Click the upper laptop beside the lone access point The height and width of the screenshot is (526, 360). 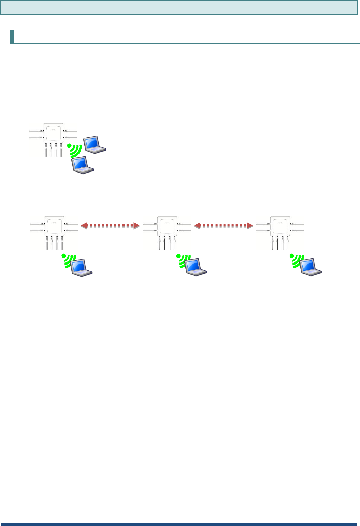coord(95,145)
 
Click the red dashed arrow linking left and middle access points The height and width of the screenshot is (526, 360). coord(110,225)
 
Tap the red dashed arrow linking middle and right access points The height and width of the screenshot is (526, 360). coord(224,225)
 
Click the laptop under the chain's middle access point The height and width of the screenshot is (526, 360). coord(196,267)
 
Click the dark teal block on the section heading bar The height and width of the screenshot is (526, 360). coord(12,37)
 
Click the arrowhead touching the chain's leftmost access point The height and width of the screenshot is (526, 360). coord(84,225)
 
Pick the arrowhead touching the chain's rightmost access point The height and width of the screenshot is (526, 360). coord(250,225)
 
